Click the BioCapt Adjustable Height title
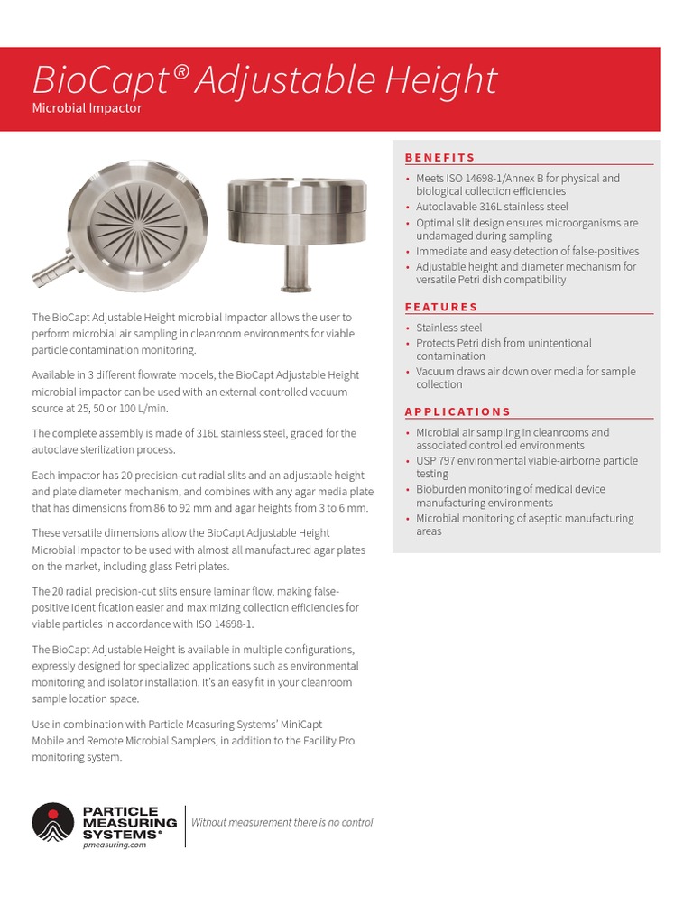click(x=264, y=80)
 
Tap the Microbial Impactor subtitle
click(x=87, y=108)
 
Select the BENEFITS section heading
click(x=439, y=157)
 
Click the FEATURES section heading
click(x=441, y=307)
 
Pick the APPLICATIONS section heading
click(x=457, y=411)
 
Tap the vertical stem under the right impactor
click(x=294, y=265)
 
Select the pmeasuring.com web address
click(x=114, y=845)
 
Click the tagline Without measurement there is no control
click(x=282, y=822)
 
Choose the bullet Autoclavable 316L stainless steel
click(x=492, y=207)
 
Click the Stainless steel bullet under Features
click(x=448, y=328)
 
